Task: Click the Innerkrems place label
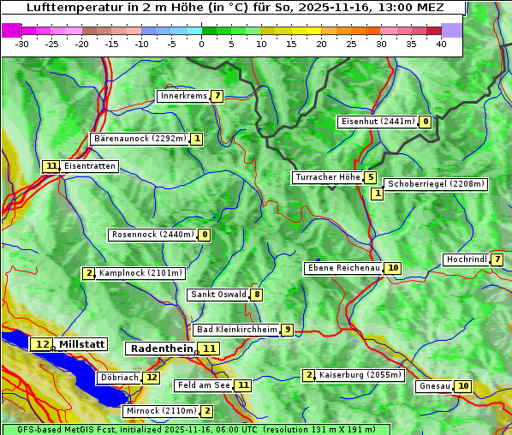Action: [x=183, y=96]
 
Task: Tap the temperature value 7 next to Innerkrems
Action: [x=217, y=96]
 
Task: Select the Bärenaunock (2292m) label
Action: [x=139, y=138]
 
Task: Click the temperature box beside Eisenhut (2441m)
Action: [x=426, y=122]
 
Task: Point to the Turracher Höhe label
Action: [x=327, y=177]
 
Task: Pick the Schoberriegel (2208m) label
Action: [x=436, y=184]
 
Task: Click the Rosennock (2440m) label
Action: [x=152, y=234]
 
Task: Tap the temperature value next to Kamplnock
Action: [x=88, y=273]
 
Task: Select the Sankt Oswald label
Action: [x=218, y=295]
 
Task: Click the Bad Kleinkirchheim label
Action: [x=236, y=330]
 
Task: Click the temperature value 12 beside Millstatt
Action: [x=42, y=344]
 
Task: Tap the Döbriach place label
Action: [x=119, y=377]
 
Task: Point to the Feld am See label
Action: [x=204, y=385]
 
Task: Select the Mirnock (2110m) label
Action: [x=160, y=411]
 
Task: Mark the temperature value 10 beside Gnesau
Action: [x=462, y=386]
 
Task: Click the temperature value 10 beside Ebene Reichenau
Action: [x=392, y=268]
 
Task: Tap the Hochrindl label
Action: [x=466, y=259]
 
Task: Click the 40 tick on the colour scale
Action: [x=441, y=44]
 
